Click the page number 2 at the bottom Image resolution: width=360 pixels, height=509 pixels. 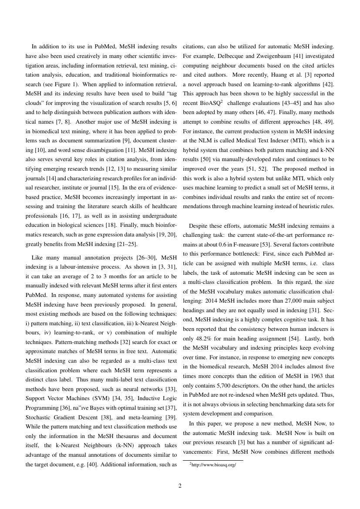point(180,486)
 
